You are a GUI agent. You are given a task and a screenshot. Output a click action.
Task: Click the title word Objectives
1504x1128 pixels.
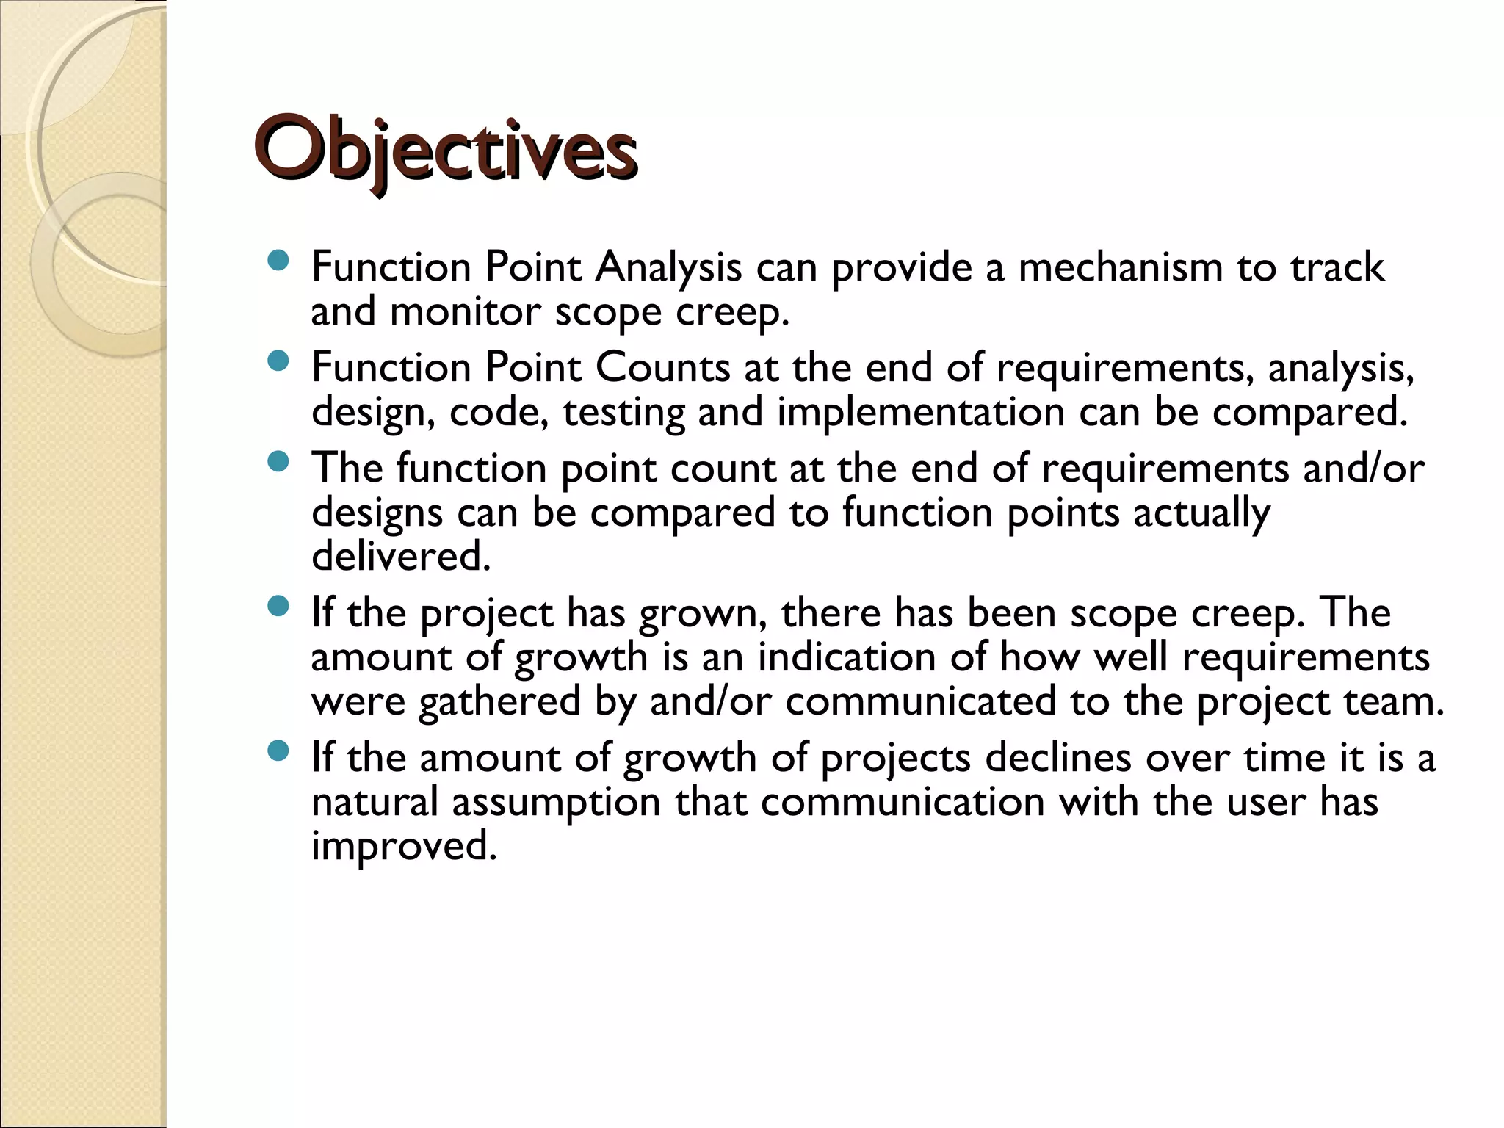(x=445, y=151)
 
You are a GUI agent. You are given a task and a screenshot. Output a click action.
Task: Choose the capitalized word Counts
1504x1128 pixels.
(x=662, y=367)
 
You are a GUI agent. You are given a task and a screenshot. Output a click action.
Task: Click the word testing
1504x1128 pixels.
(x=624, y=412)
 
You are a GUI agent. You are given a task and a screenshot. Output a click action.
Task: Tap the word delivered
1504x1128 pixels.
(x=401, y=557)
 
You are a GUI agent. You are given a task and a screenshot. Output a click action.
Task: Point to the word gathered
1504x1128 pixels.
(x=500, y=701)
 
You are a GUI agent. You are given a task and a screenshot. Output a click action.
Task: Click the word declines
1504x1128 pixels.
(x=1057, y=757)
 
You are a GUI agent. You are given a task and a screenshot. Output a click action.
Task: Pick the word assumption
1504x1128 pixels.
(x=557, y=801)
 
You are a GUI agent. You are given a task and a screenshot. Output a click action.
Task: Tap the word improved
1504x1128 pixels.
(x=404, y=846)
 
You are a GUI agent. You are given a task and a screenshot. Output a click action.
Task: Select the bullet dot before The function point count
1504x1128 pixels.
(x=278, y=462)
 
